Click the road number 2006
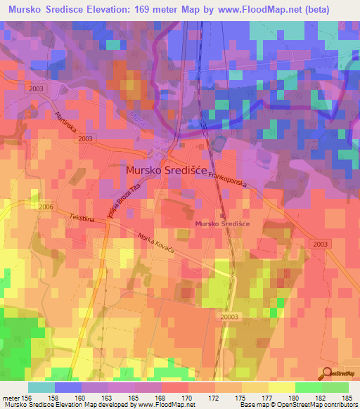click(x=46, y=207)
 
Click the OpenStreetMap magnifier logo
click(x=328, y=373)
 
